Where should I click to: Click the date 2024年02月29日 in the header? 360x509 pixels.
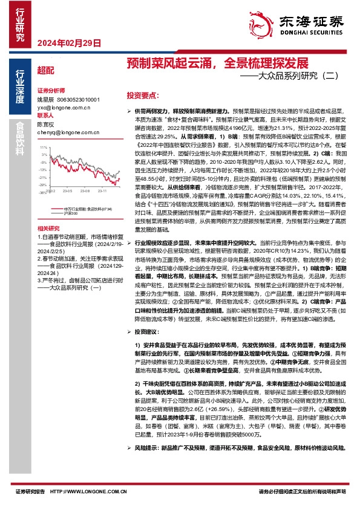pos(65,42)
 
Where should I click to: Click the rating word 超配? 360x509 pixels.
pos(45,71)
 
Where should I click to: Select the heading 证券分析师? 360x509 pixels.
pos(51,88)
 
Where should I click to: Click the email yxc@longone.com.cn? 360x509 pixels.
pos(64,107)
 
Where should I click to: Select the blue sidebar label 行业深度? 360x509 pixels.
pos(20,89)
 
